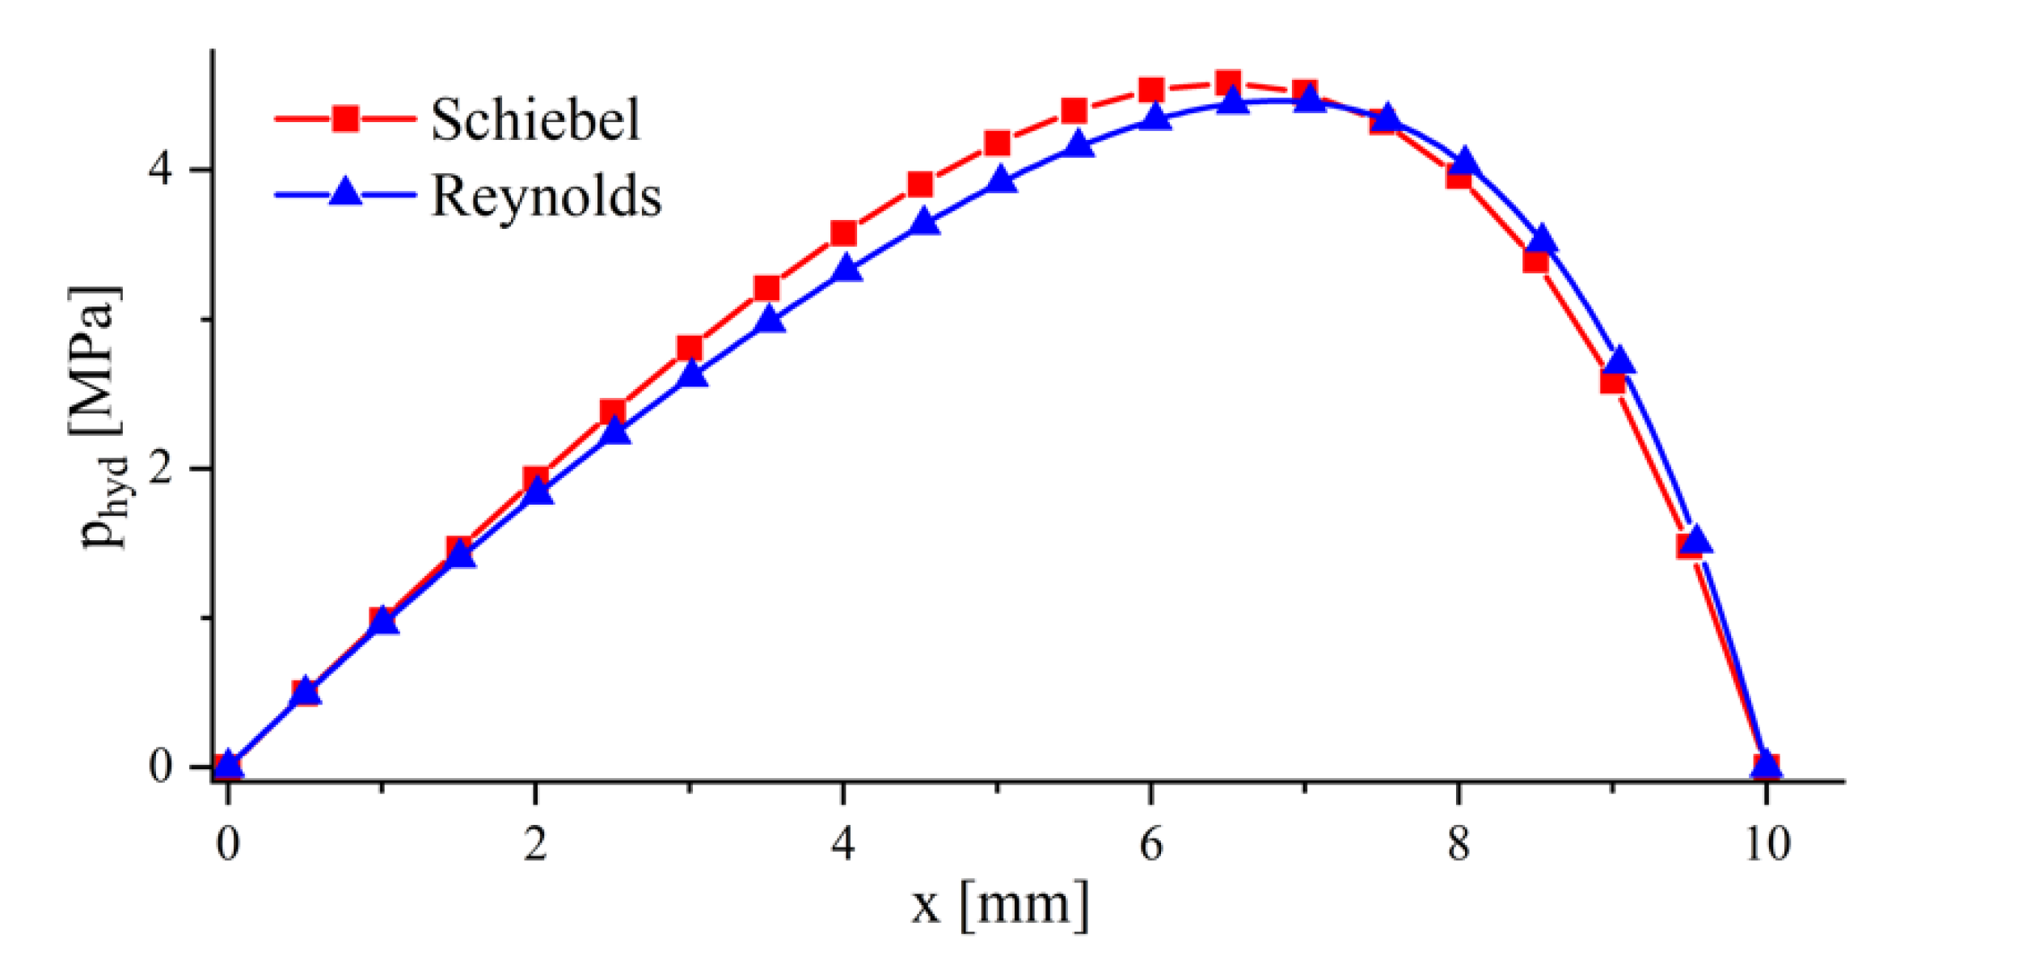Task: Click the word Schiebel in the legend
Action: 534,120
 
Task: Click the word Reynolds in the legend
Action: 546,196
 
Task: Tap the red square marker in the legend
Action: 345,119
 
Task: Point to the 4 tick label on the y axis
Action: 160,169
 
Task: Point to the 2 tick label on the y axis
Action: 160,468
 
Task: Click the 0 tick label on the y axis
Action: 160,765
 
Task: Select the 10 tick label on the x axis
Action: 1767,844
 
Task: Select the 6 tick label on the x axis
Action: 1150,844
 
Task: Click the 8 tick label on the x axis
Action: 1458,844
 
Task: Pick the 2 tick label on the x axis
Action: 534,844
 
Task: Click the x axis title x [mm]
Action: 1000,904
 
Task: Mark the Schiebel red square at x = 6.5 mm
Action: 1227,82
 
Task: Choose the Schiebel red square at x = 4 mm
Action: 843,233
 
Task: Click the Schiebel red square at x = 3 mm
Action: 689,348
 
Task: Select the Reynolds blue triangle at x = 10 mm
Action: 1767,765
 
